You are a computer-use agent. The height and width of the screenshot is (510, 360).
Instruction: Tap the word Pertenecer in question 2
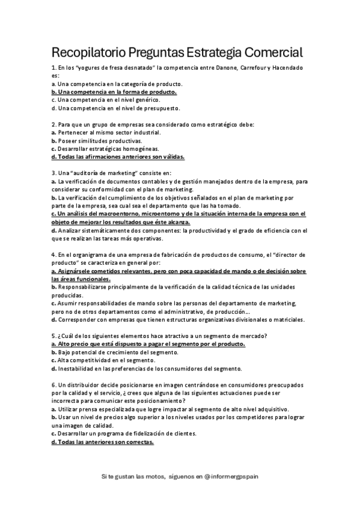75,132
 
